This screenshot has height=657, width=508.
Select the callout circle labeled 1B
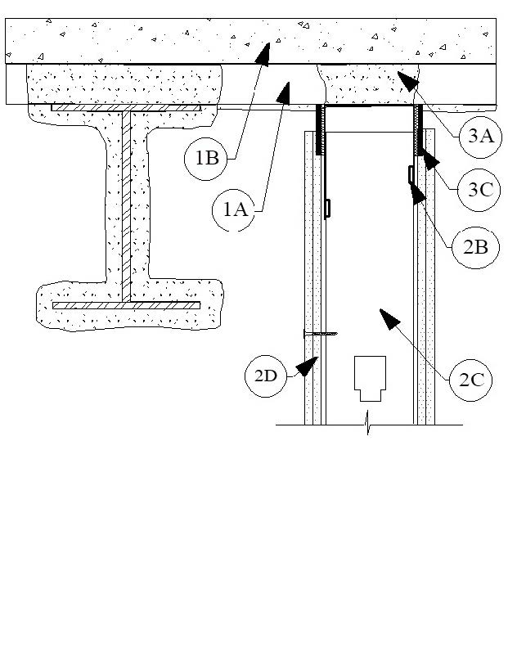tap(205, 159)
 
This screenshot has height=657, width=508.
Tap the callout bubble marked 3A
tap(480, 137)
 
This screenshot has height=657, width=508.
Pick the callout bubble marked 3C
tap(479, 190)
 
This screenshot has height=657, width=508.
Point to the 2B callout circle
tap(476, 247)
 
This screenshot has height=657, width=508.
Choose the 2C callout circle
tap(471, 380)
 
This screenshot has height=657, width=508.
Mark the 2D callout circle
tap(266, 376)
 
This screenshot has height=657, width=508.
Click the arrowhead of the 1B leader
tap(263, 54)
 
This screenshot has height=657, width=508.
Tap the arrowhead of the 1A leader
tap(285, 93)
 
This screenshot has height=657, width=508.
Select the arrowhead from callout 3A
tap(407, 80)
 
